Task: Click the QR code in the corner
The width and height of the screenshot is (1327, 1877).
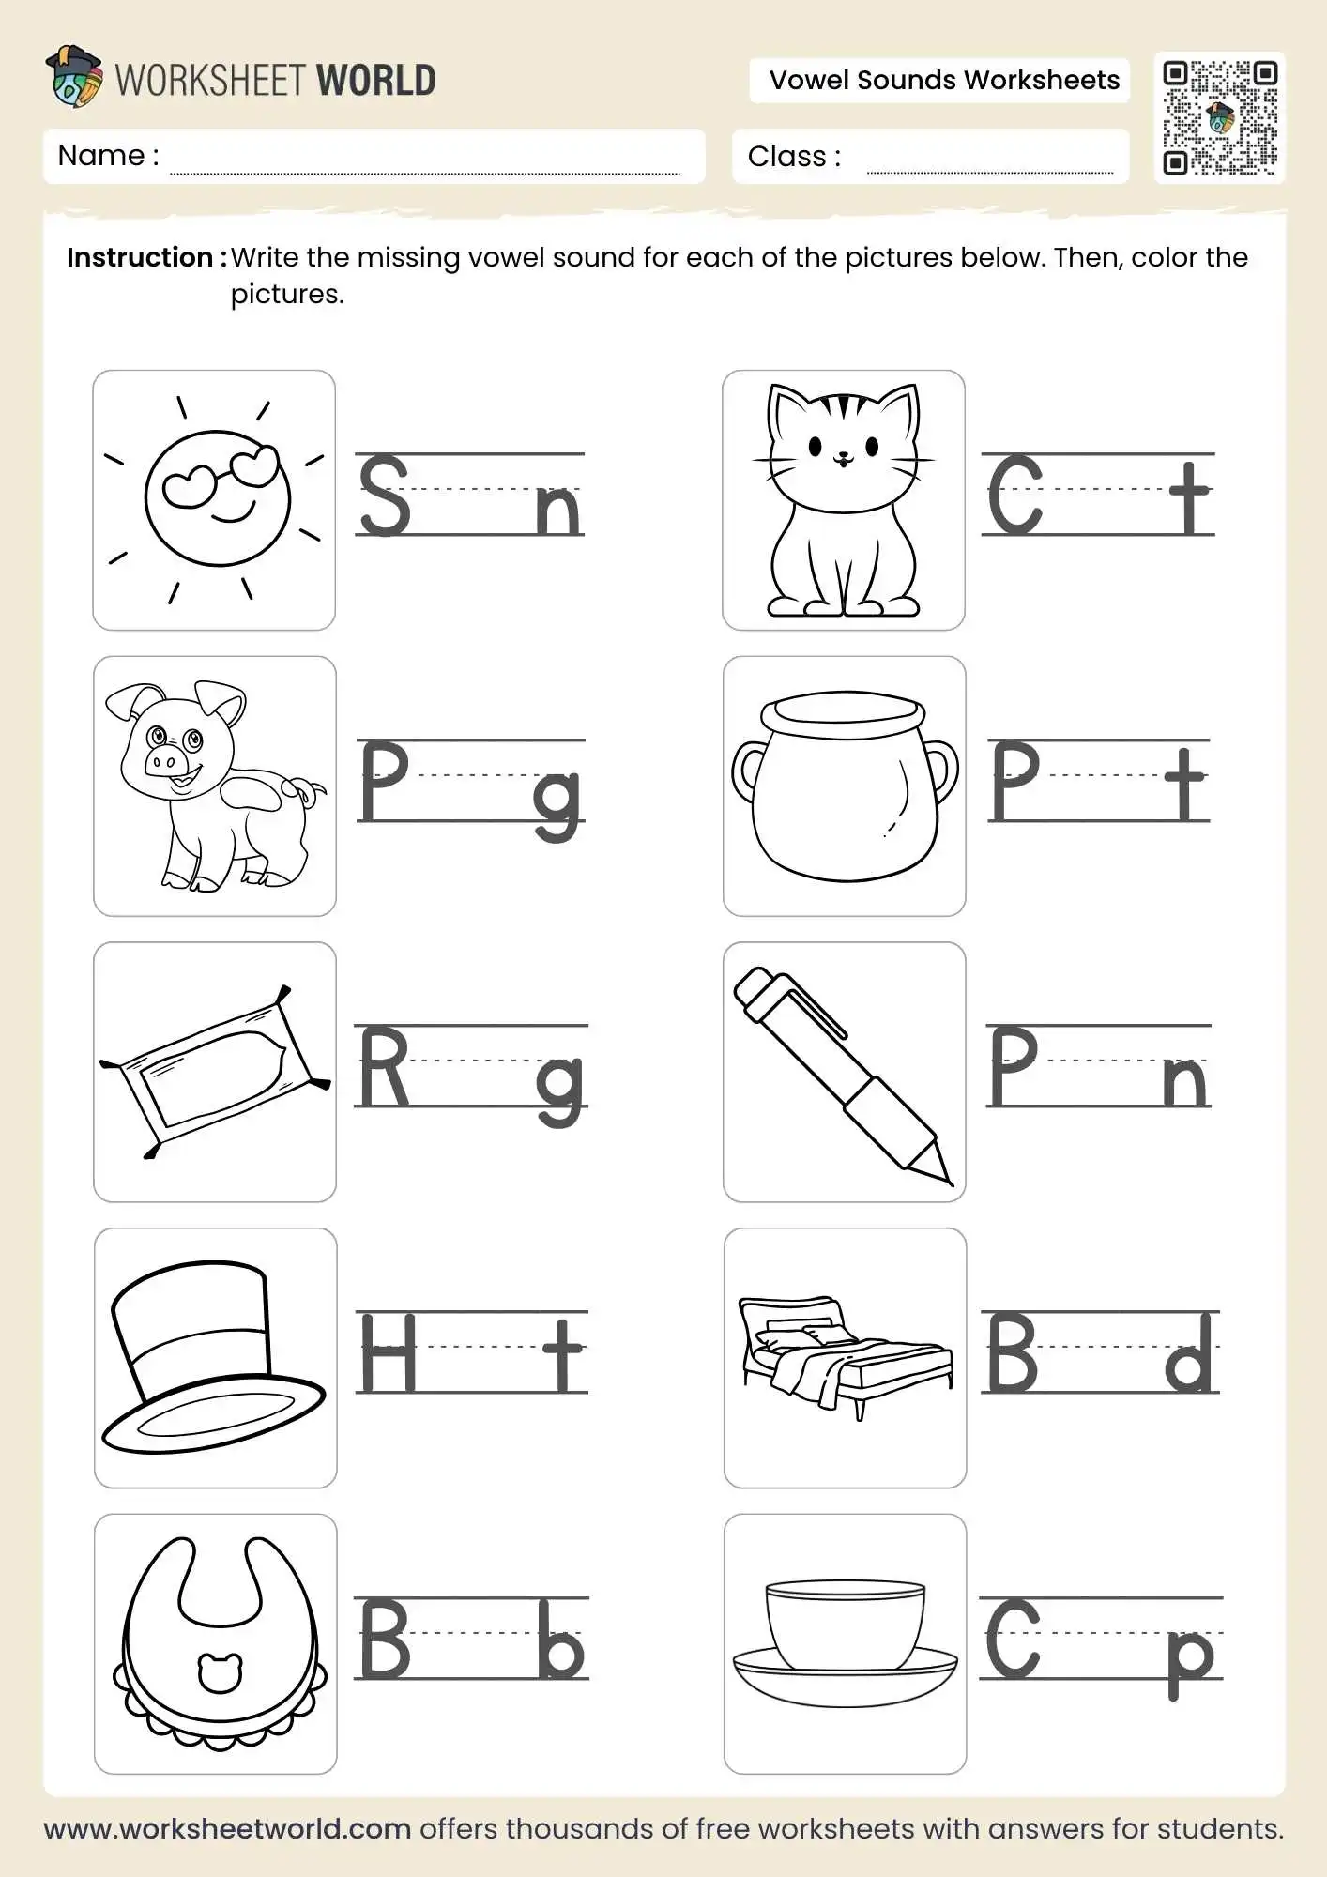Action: [1219, 117]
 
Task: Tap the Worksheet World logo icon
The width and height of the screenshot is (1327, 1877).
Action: [74, 77]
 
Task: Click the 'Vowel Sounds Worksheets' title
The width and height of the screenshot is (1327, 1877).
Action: [943, 81]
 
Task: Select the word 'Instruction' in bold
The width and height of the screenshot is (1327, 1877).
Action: [140, 258]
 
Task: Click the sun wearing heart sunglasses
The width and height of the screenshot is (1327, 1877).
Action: [218, 498]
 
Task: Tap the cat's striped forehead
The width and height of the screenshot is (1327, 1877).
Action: [842, 407]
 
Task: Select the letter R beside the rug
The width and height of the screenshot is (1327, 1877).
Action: [383, 1067]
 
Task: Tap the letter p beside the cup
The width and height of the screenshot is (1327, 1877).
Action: [1190, 1659]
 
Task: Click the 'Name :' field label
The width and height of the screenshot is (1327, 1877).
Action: [108, 156]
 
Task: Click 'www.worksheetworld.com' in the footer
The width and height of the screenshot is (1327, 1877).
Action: [227, 1828]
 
